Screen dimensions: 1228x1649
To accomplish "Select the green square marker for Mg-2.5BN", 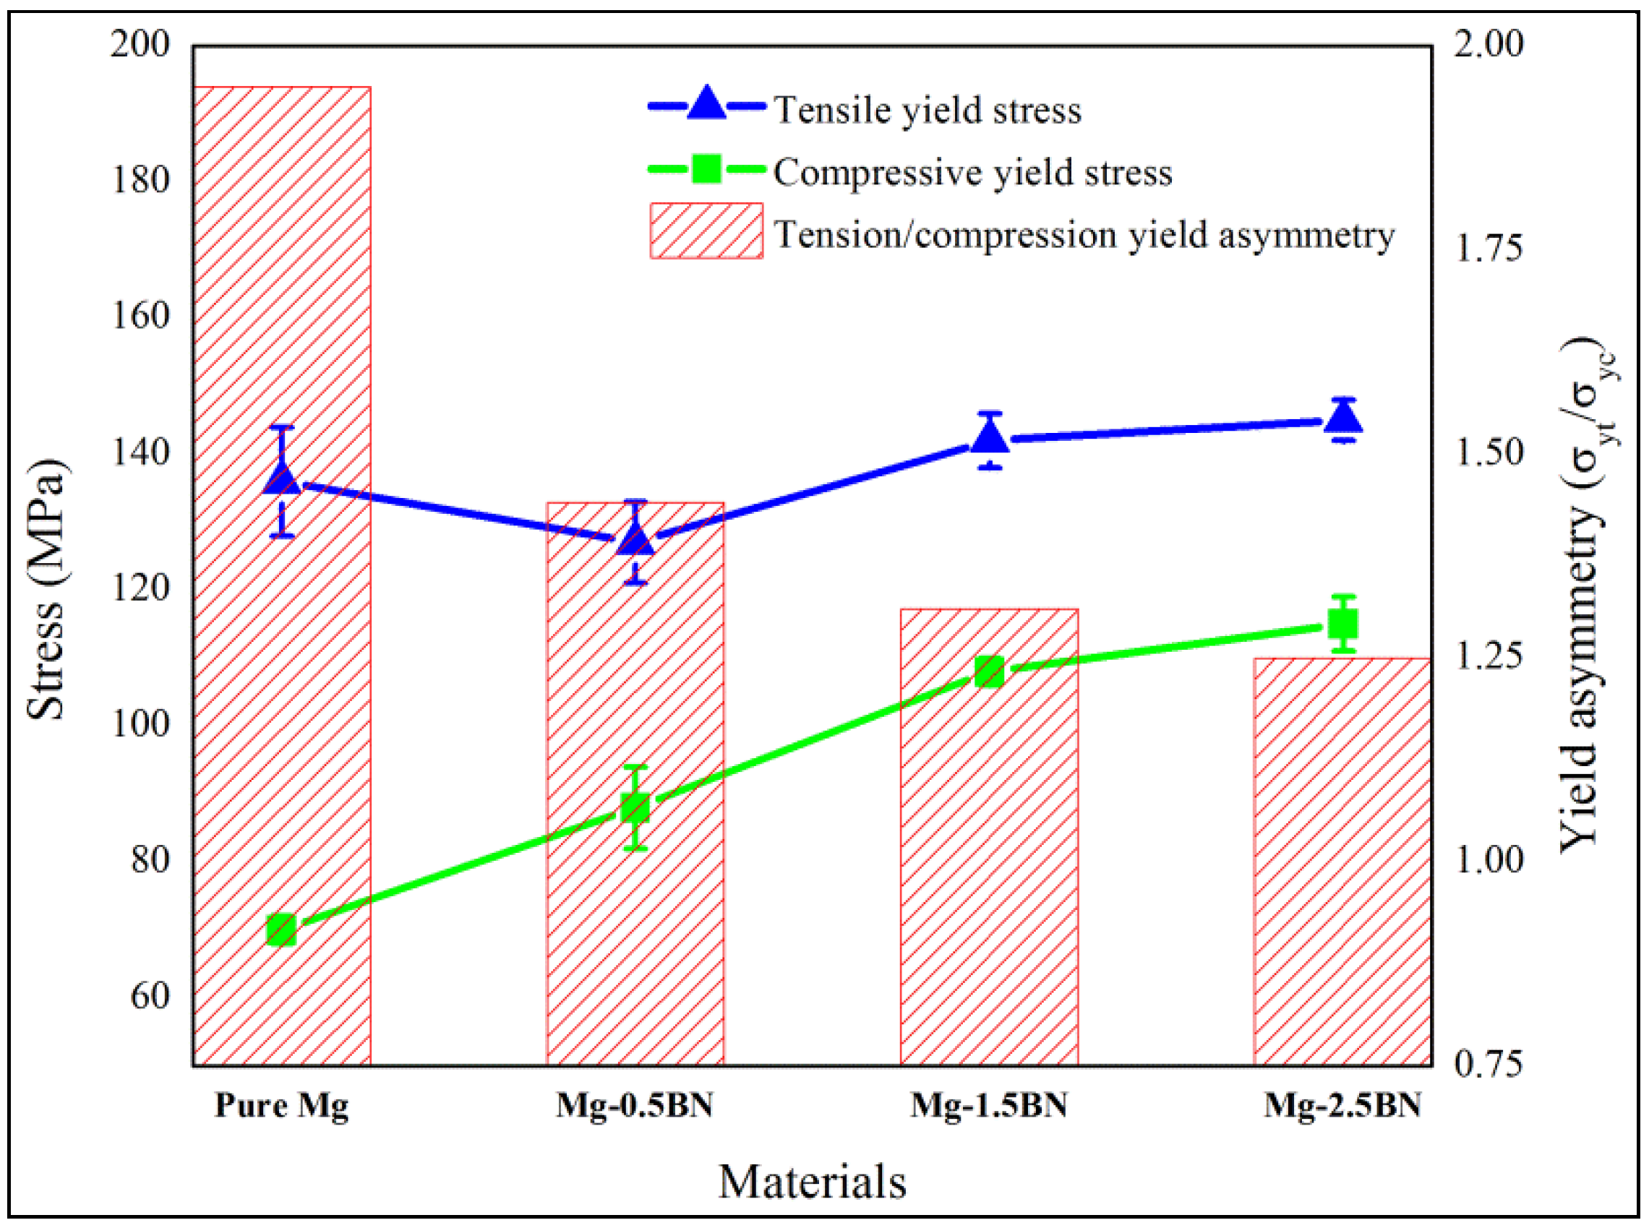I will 1342,624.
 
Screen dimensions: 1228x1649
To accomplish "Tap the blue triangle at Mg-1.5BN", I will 990,438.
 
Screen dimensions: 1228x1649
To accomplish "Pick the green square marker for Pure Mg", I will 282,929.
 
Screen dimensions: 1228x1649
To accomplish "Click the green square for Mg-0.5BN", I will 635,807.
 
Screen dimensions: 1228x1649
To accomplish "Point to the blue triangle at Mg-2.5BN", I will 1342,419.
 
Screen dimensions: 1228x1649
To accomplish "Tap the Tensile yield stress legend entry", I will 927,110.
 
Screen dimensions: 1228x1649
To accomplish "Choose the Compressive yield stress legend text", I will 972,173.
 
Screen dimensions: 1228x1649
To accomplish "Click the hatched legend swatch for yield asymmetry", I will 706,231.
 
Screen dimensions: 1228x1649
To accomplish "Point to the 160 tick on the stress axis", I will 140,315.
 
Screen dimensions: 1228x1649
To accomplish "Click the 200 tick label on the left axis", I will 140,45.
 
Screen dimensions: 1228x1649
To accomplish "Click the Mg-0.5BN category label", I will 634,1105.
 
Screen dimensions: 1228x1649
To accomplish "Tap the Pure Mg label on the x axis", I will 282,1105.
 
